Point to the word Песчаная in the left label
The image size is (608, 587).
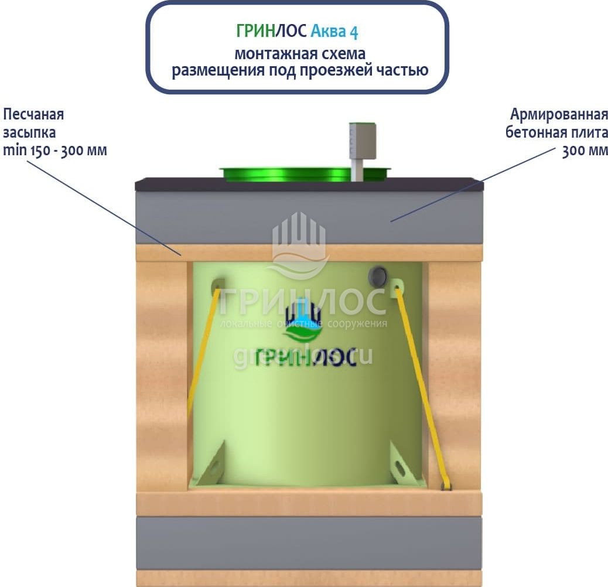[33, 114]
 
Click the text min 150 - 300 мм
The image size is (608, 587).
[55, 150]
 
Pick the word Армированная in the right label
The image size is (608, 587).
[559, 114]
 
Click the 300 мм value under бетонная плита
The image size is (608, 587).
[585, 151]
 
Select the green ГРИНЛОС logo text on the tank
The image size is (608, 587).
[306, 357]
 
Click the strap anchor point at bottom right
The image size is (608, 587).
[446, 486]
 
